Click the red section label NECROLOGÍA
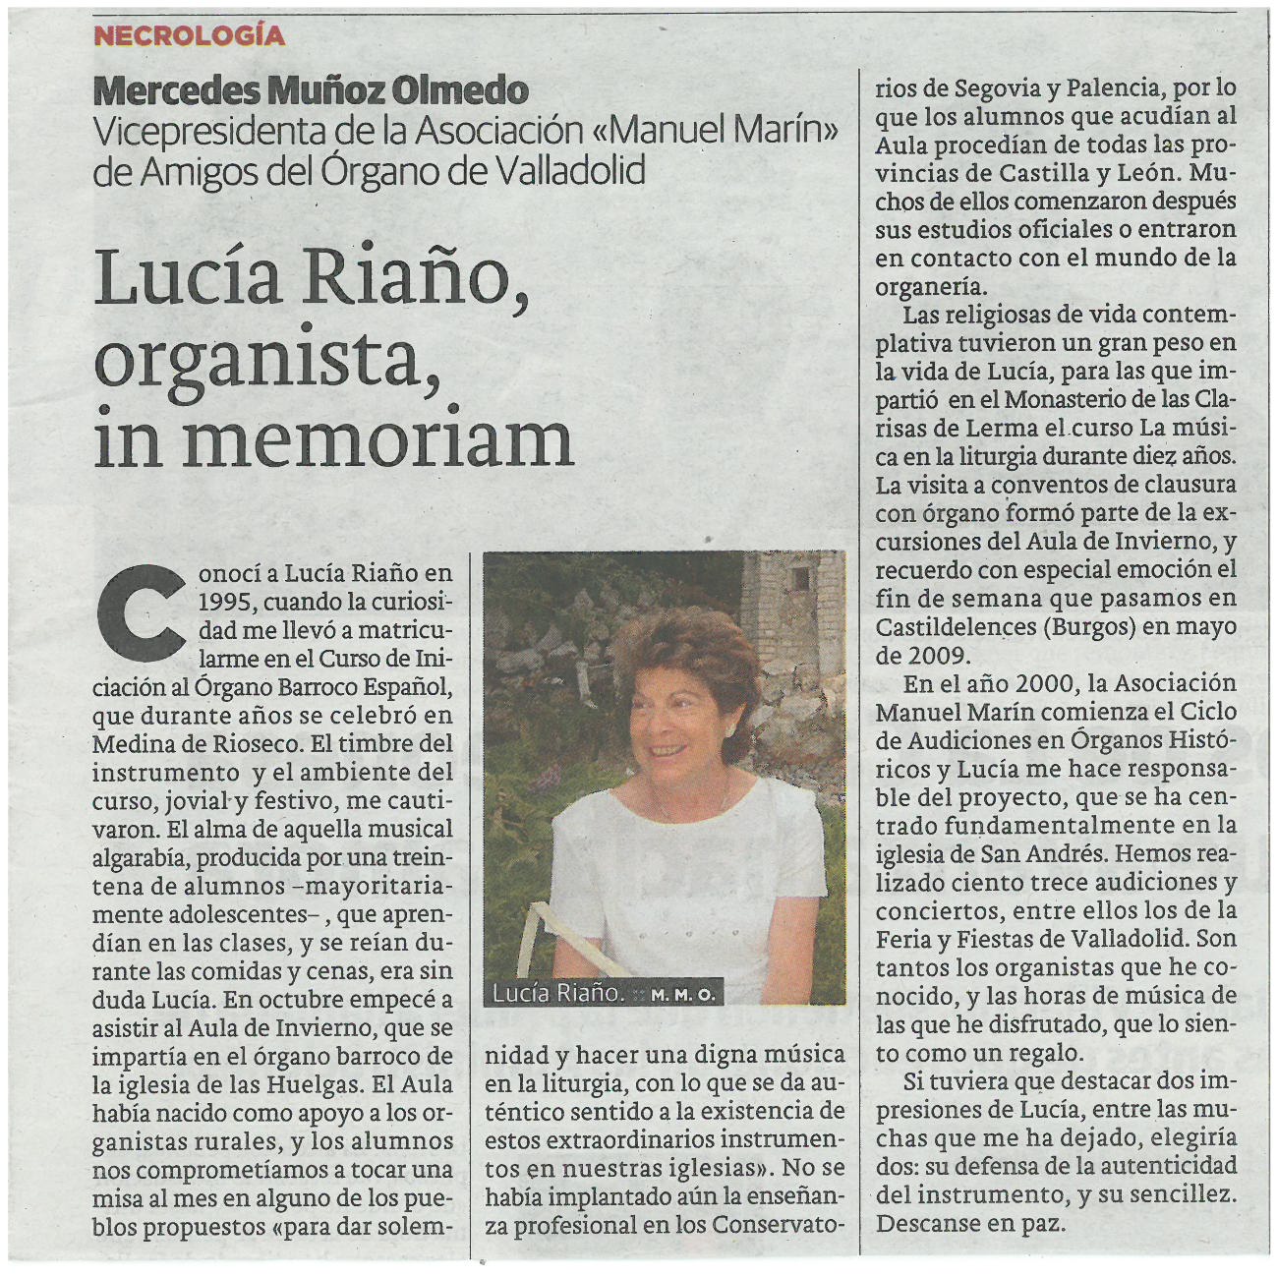pyautogui.click(x=189, y=36)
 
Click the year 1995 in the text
pyautogui.click(x=225, y=601)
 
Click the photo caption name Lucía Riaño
pyautogui.click(x=558, y=993)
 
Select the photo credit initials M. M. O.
pyautogui.click(x=682, y=995)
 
